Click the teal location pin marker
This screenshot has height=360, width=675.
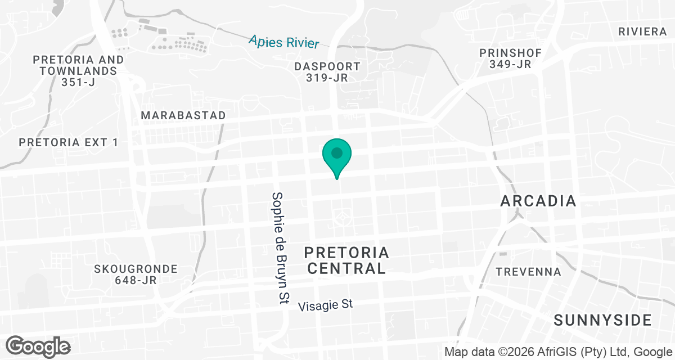pos(337,157)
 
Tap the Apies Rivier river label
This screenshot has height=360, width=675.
pos(284,42)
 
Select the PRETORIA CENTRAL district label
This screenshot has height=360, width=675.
pos(346,260)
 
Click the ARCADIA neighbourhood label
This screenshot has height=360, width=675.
pos(538,201)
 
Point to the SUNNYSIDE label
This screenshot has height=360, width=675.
pos(602,321)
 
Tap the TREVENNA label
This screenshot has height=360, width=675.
pos(528,272)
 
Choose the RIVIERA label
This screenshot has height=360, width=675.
pos(642,31)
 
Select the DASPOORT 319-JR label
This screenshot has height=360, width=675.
pos(327,72)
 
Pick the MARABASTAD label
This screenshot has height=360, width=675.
pos(183,115)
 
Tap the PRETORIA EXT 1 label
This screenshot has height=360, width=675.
pos(69,142)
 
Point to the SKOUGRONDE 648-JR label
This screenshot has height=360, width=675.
pos(136,274)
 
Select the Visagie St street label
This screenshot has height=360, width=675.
pos(325,305)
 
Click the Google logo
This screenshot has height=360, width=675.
pos(38,346)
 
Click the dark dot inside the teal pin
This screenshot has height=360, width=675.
pos(337,152)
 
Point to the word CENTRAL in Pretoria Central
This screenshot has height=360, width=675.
pos(346,268)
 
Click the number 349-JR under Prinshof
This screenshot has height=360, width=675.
pos(510,64)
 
